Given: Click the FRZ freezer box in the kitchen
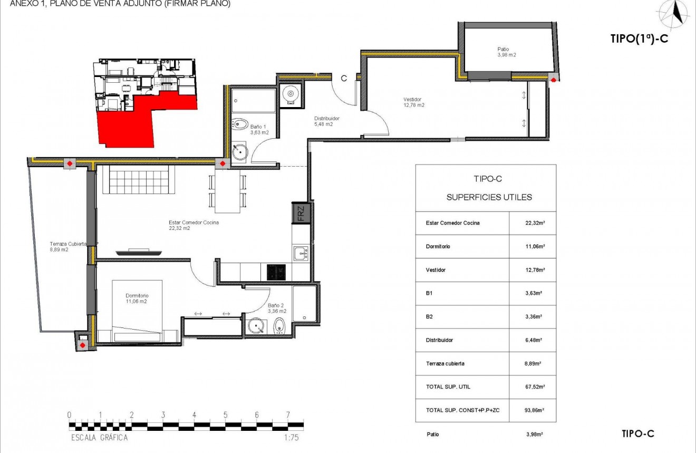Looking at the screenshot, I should point(300,214).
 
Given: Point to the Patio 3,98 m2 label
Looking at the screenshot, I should point(506,52).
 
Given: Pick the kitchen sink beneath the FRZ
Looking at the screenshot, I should point(301,253).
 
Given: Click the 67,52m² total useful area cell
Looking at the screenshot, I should point(533,387).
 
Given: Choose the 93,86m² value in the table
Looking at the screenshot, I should point(533,410).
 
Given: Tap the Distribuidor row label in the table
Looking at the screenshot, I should point(439,340).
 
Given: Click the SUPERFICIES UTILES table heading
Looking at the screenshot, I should point(489,197).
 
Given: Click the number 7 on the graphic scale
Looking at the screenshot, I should point(288,415).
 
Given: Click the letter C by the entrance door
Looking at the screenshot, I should point(343,79).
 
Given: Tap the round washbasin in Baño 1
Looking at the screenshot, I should point(240,151).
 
